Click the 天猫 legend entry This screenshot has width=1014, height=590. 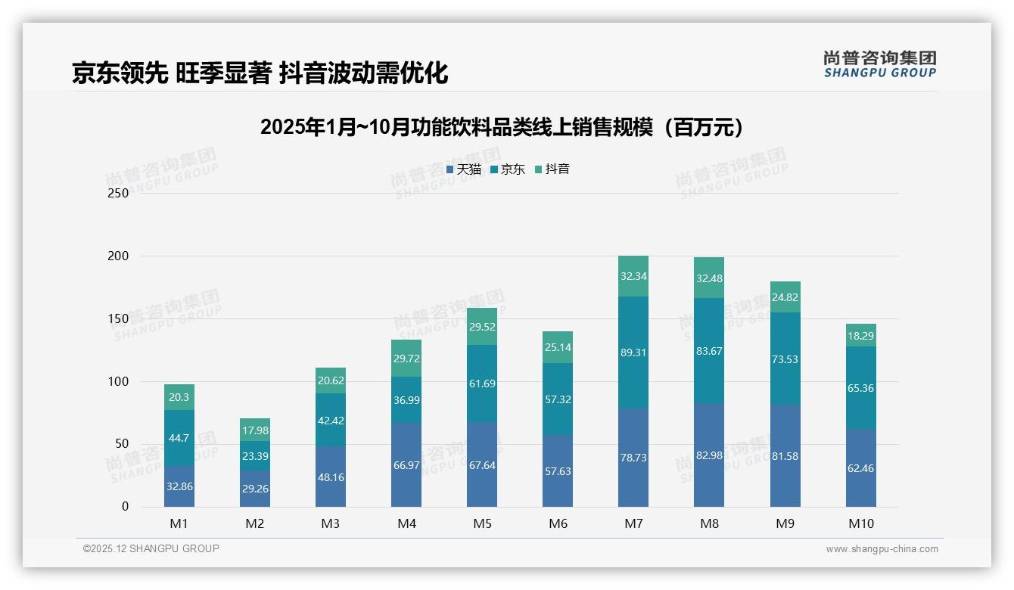coord(464,169)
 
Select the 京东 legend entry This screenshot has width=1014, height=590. coord(508,169)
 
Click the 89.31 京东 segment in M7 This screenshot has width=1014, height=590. coord(633,352)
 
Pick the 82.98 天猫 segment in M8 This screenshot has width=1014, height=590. coord(709,455)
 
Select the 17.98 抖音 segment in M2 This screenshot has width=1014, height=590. coord(255,430)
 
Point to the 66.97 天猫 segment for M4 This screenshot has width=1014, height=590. coord(406,464)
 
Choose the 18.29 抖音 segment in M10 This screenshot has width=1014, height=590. coord(861,335)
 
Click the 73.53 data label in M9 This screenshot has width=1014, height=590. coord(785,359)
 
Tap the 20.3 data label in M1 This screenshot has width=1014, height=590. coord(179,397)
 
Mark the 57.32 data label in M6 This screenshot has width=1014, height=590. coord(558,399)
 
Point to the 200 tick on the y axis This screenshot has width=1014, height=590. coord(120,256)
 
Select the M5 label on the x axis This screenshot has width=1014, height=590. coord(482,523)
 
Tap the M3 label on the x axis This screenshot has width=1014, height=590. coord(331,523)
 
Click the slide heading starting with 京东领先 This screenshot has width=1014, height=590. coord(260,73)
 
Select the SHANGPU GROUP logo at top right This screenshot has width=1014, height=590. coord(879,64)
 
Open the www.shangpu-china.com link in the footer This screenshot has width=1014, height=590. coord(882,549)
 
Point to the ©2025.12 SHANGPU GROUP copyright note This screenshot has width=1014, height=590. coord(151,549)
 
